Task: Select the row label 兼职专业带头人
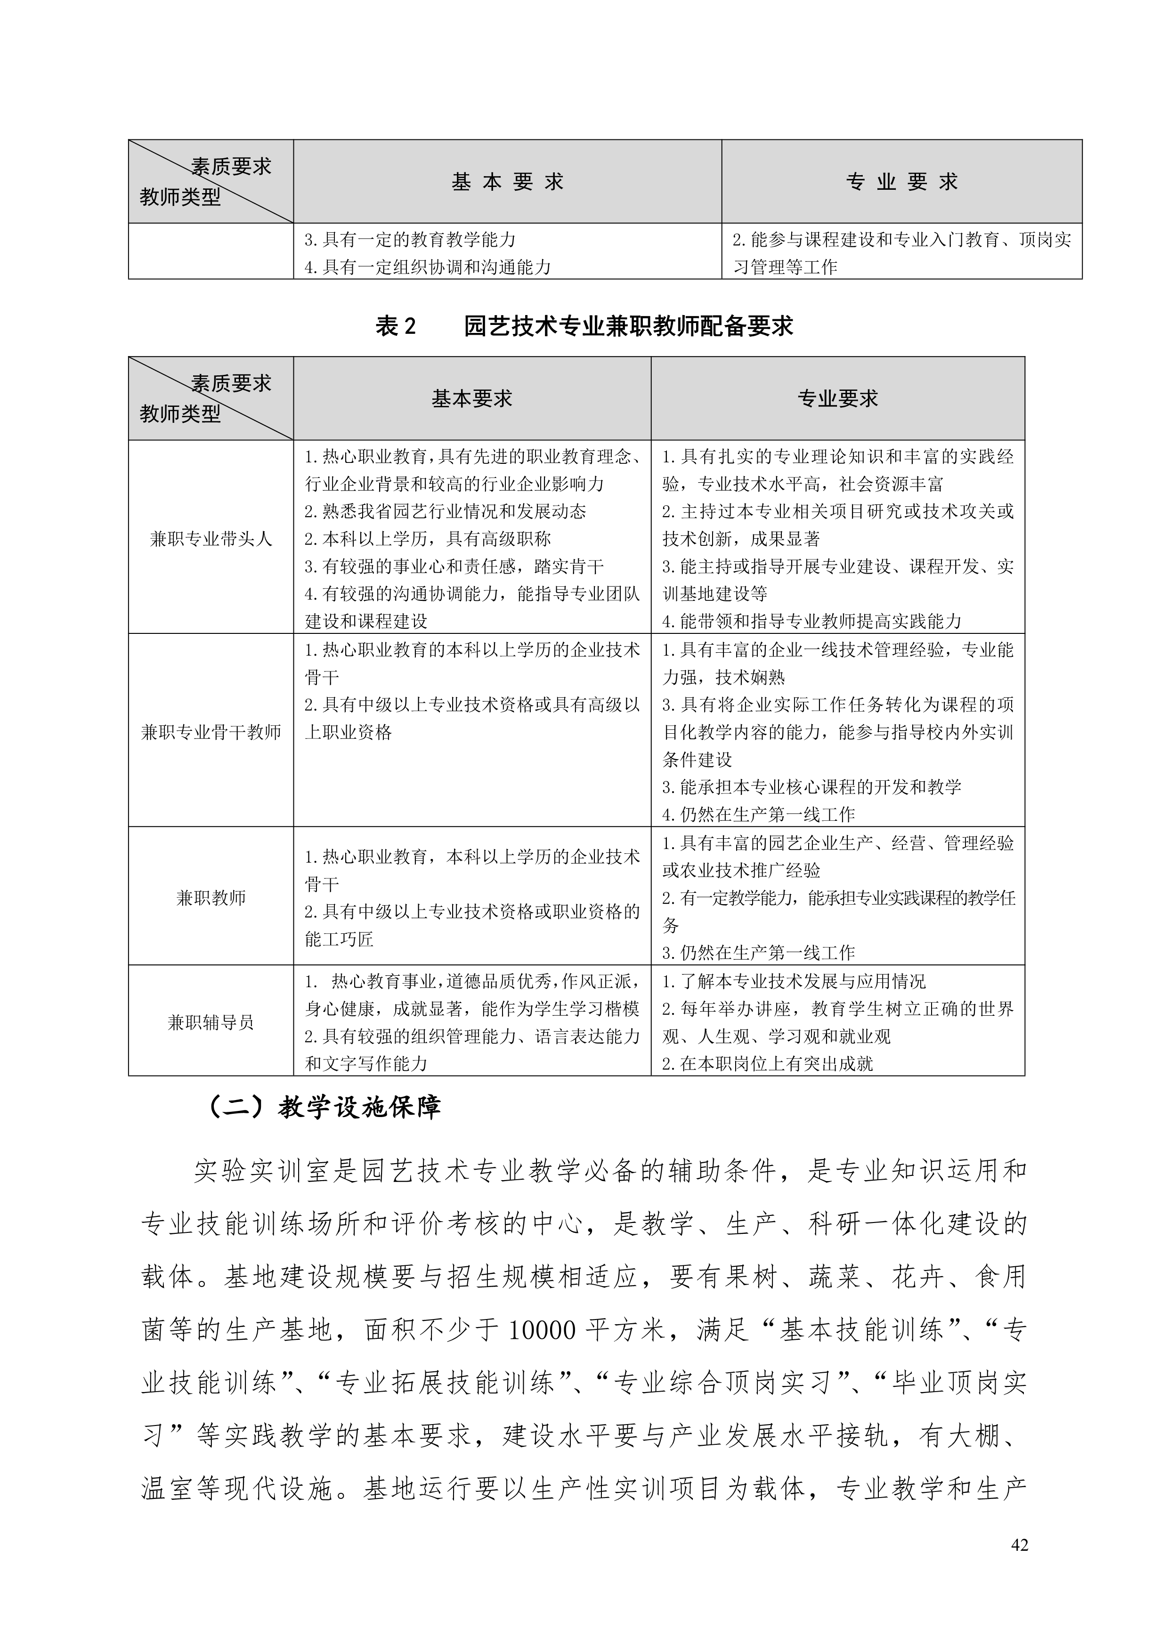point(211,539)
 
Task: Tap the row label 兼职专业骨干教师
point(211,732)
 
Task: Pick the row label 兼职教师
point(211,898)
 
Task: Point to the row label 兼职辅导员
point(211,1022)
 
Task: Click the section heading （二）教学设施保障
point(323,1107)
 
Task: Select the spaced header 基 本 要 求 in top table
point(507,182)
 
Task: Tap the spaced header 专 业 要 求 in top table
point(902,182)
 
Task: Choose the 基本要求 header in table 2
point(471,398)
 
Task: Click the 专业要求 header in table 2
point(838,398)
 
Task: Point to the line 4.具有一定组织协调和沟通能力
point(428,267)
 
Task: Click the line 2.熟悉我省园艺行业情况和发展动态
point(445,511)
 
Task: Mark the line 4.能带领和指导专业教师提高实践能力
point(811,622)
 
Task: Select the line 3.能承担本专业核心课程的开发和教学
point(811,787)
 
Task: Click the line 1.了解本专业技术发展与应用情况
point(793,981)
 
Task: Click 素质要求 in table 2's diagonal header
point(232,383)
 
